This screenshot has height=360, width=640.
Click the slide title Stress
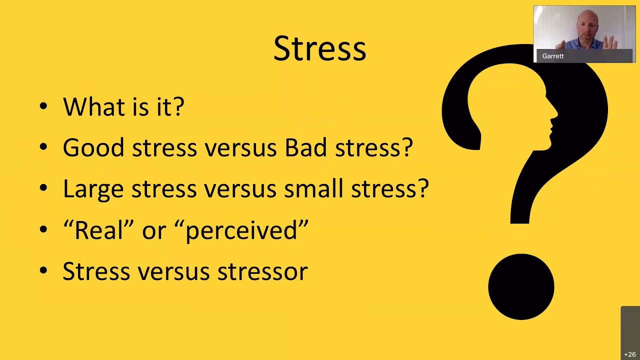pyautogui.click(x=319, y=48)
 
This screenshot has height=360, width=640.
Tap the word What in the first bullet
pyautogui.click(x=89, y=106)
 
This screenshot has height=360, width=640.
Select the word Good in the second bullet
pyautogui.click(x=93, y=147)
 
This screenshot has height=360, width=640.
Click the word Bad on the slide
pyautogui.click(x=305, y=147)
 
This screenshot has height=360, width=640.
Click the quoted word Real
pyautogui.click(x=98, y=229)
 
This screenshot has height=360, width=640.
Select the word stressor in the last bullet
pyautogui.click(x=262, y=271)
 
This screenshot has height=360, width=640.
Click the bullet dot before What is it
pyautogui.click(x=43, y=106)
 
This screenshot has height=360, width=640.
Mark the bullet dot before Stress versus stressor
pyautogui.click(x=43, y=270)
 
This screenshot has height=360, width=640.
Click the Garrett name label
pyautogui.click(x=553, y=56)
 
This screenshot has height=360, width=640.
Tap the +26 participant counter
pyautogui.click(x=630, y=354)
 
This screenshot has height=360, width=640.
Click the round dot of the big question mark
pyautogui.click(x=521, y=286)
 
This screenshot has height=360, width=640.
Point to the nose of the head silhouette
pyautogui.click(x=555, y=112)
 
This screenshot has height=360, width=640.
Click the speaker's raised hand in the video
pyautogui.click(x=610, y=43)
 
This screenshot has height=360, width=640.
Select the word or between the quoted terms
pyautogui.click(x=154, y=231)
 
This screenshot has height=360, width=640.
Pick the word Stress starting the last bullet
pyautogui.click(x=96, y=271)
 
